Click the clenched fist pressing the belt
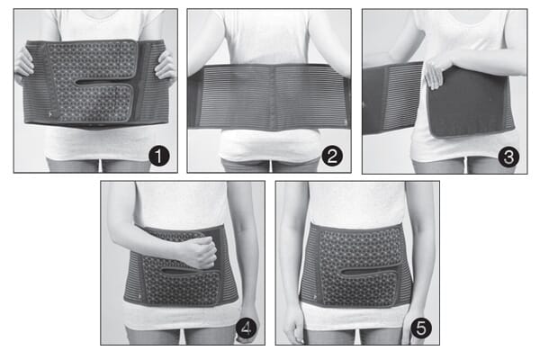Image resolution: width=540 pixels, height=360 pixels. click(196, 252)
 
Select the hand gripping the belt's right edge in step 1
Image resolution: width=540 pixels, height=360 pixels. click(166, 66)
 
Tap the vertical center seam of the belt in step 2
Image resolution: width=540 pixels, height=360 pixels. click(270, 95)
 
